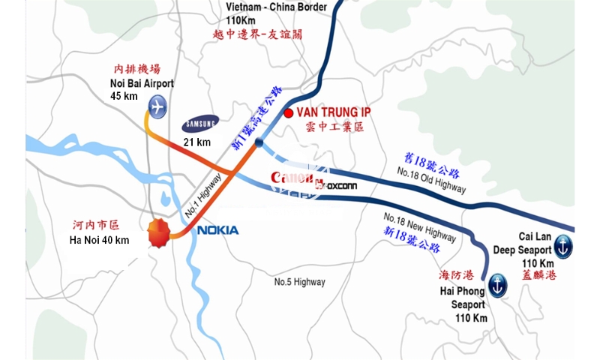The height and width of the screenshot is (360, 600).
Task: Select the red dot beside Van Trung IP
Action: (x=288, y=113)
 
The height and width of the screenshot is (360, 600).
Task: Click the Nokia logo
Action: (x=218, y=230)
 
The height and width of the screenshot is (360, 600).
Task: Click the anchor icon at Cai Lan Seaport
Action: (x=562, y=245)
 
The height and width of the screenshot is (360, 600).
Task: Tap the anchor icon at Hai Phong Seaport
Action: (x=497, y=284)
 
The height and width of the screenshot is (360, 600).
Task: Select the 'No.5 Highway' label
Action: (x=299, y=282)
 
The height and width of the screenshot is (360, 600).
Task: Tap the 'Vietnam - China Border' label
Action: (x=277, y=7)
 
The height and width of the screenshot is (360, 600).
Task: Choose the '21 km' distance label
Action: (x=198, y=142)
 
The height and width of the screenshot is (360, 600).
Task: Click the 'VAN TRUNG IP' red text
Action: (x=334, y=112)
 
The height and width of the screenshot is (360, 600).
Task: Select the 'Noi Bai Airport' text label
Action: (x=141, y=83)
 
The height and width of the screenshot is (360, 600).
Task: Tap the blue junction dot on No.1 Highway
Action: (x=259, y=142)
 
